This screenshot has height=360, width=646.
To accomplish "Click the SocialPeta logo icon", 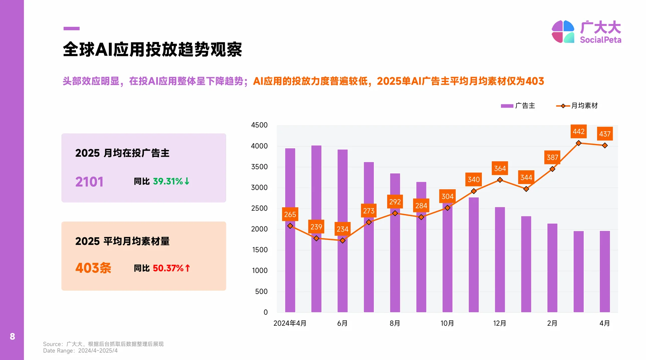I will point(563,32).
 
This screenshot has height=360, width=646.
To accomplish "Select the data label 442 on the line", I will point(578,132).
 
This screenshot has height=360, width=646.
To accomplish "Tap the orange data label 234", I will point(342,229).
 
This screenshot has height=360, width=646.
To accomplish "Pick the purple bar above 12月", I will point(500,260).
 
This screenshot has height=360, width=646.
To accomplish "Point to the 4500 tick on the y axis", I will point(259,125).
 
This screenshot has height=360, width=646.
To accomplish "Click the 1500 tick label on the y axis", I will point(260,250).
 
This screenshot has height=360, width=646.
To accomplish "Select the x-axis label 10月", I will point(447,323).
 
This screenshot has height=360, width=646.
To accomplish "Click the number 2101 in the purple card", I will point(89,182).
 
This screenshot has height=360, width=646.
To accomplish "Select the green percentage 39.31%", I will point(168,181).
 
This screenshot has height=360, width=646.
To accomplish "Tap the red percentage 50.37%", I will point(168,268).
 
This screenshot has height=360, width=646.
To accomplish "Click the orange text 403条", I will point(93,268).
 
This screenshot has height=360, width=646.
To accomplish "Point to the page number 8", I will point(12,336).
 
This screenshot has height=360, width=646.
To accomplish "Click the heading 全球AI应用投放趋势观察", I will point(152,50).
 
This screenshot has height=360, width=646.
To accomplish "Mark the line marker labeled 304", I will point(447,208).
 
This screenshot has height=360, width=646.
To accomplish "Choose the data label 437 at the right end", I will point(605,134).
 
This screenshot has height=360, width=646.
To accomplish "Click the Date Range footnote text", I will point(80,351).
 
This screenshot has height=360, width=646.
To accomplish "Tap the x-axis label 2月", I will point(552,323).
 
